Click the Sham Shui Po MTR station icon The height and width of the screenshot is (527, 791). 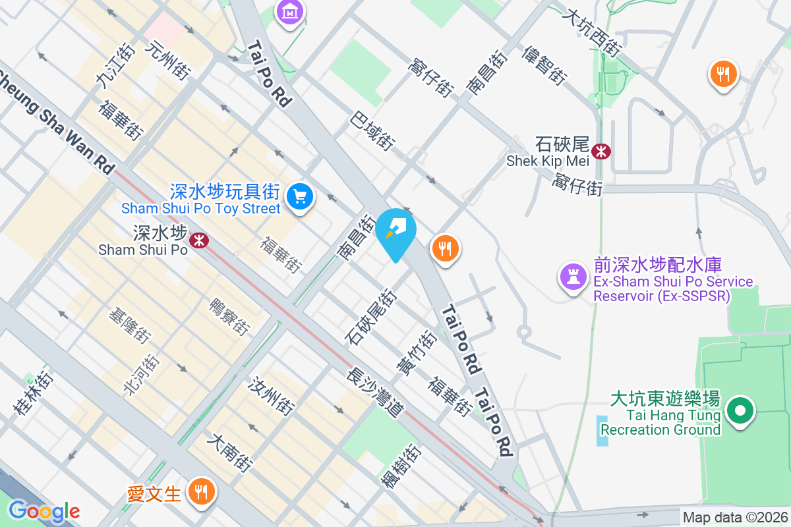198,240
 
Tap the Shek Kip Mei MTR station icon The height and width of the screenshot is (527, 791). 601,152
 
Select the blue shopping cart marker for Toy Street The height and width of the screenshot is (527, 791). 301,196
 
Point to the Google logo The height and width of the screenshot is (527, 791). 44,511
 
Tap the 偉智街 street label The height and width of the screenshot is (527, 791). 544,65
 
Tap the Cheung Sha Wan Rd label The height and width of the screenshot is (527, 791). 56,121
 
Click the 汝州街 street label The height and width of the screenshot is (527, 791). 271,396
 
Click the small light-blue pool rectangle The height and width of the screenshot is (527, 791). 602,431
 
